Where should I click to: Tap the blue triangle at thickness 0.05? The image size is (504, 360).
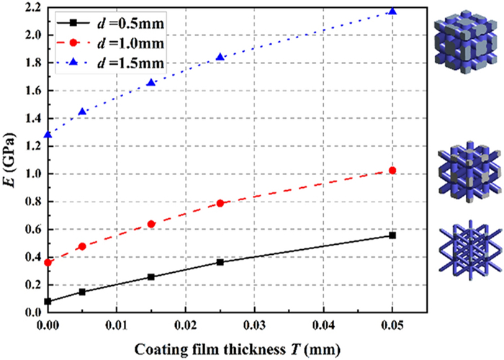click(x=392, y=12)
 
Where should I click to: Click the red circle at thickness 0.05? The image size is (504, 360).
click(x=392, y=171)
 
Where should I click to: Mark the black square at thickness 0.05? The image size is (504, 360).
click(x=392, y=235)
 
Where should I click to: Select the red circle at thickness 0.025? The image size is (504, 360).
click(x=220, y=204)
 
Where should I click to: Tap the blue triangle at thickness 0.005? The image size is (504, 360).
click(x=82, y=112)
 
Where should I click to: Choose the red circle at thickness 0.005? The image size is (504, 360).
click(x=82, y=246)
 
